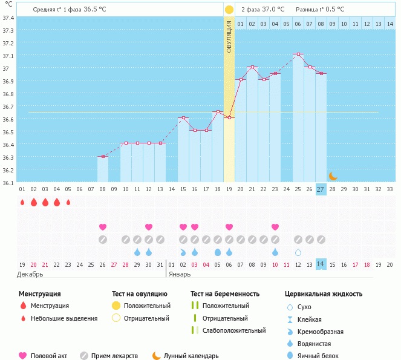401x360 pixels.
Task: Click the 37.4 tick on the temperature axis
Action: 8,18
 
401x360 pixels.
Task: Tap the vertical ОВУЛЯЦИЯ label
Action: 229,36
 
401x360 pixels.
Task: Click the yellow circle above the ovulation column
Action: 229,10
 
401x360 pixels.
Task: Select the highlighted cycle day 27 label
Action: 321,189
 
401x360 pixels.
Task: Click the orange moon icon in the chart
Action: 333,176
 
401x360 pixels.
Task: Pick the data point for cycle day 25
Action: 298,54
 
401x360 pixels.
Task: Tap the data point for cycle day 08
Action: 103,157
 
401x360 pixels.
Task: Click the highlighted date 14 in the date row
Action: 321,264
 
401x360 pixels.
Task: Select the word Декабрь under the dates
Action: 31,274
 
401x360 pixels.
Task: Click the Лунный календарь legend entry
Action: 188,356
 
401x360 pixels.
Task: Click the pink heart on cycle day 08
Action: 103,227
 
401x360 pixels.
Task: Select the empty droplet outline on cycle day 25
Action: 298,252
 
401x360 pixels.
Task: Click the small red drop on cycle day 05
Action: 68,202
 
